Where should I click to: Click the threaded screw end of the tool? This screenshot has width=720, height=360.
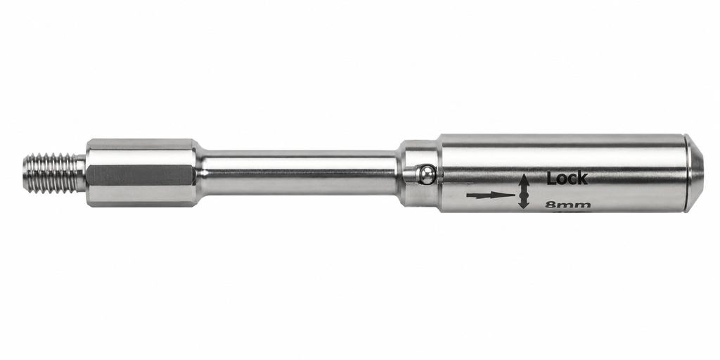pyautogui.click(x=51, y=173)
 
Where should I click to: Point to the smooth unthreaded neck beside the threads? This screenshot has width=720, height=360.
pyautogui.click(x=82, y=173)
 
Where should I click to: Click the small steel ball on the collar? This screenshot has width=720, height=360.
pyautogui.click(x=426, y=175)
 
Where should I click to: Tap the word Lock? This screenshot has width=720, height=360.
pyautogui.click(x=567, y=178)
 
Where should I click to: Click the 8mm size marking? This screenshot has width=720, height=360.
pyautogui.click(x=567, y=205)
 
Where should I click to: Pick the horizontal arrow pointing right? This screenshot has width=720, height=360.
pyautogui.click(x=490, y=195)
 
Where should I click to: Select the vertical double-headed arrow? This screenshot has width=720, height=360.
pyautogui.click(x=523, y=191)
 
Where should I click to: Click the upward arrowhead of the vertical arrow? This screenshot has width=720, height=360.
pyautogui.click(x=523, y=179)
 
